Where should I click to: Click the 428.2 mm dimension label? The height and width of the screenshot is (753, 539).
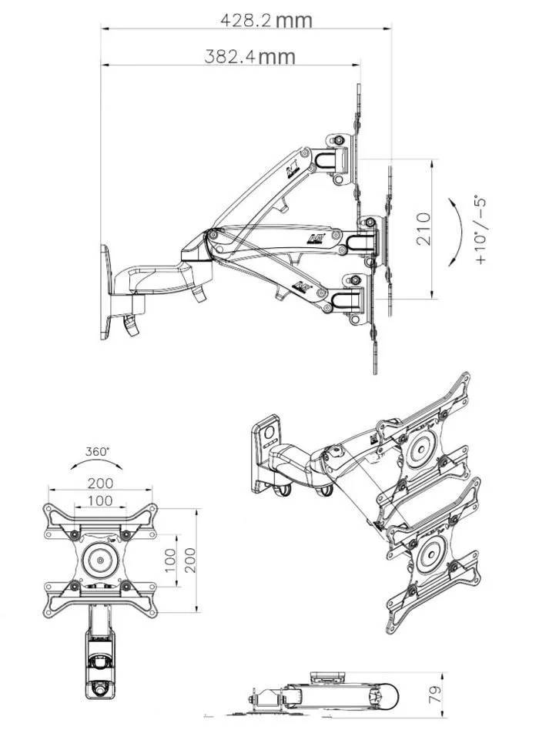(266, 20)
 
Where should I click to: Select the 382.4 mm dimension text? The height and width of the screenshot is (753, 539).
(249, 57)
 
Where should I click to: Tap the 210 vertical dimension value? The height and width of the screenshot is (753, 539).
(423, 229)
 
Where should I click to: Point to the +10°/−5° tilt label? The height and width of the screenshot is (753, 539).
(480, 229)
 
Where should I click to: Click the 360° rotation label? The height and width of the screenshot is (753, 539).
(98, 452)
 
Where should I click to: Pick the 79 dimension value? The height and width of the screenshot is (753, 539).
(435, 695)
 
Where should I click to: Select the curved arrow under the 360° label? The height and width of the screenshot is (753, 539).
(96, 462)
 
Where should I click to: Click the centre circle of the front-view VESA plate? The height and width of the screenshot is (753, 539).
(100, 560)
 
